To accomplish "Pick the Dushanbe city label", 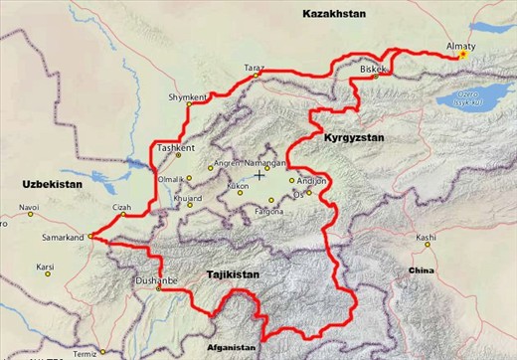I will (x=156, y=281).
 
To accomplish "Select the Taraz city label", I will (x=255, y=69).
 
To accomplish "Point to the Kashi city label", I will (x=426, y=238).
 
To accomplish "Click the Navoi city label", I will (x=29, y=207).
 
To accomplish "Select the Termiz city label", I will (x=85, y=353).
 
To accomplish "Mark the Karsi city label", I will (x=45, y=267).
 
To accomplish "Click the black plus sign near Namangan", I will (x=259, y=174).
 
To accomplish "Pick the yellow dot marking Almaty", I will (x=463, y=56).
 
